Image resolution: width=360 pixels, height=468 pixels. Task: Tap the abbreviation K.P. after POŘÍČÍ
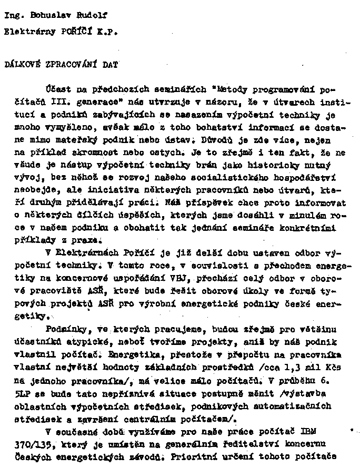[107, 32]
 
